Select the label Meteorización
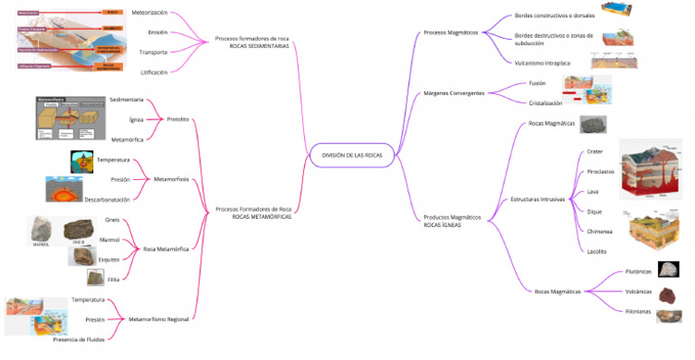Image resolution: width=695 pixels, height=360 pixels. point(149,14)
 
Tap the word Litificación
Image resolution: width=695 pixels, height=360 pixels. point(153,71)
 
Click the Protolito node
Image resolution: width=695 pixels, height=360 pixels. point(178,119)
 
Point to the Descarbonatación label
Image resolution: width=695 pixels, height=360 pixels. point(107,199)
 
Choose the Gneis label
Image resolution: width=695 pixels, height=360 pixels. point(112,219)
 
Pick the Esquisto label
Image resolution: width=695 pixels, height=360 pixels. point(109,259)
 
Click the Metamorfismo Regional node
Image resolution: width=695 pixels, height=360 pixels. point(158,318)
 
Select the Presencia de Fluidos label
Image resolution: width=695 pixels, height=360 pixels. point(79,338)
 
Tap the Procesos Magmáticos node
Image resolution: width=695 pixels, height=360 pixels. point(451,33)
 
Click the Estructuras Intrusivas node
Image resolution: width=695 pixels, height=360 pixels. point(538,198)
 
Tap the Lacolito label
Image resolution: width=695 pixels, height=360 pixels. point(596,251)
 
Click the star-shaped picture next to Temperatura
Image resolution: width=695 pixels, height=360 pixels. point(81,161)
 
